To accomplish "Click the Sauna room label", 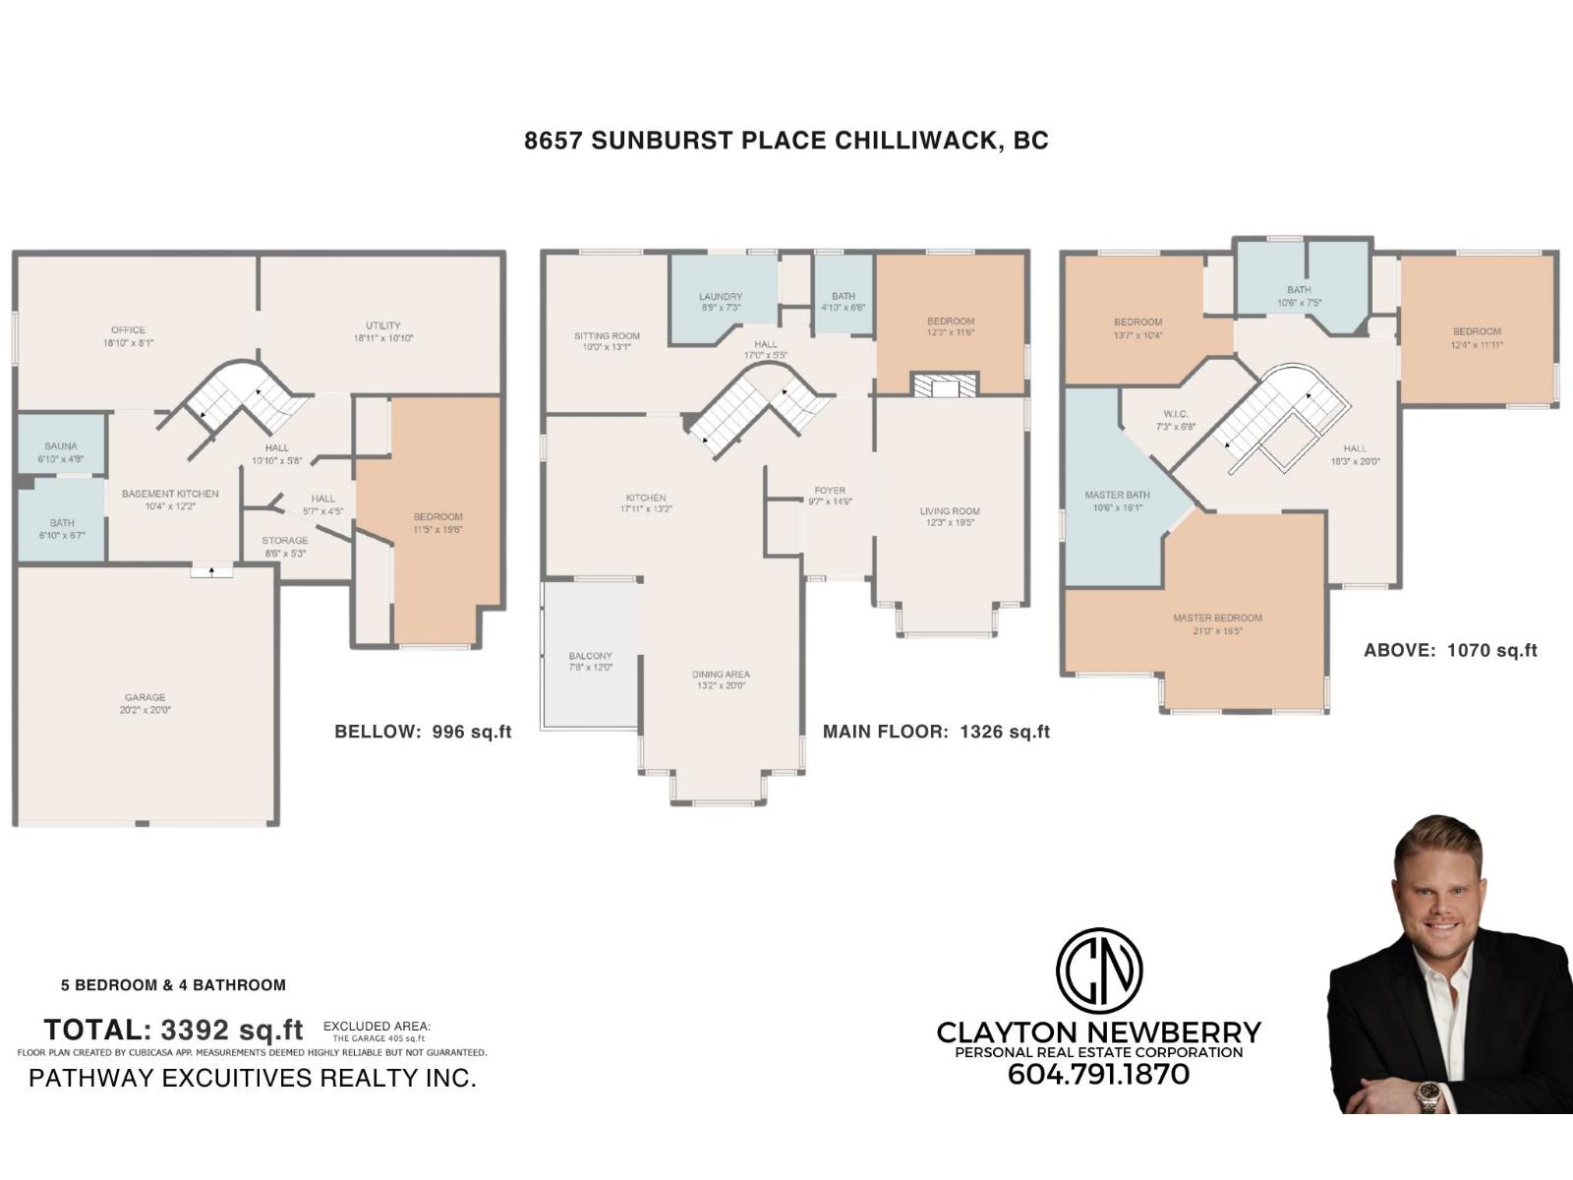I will (x=61, y=446).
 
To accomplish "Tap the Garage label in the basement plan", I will (x=145, y=697).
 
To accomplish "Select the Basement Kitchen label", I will (x=170, y=494).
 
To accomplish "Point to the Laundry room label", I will (x=721, y=297).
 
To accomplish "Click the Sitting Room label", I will (x=607, y=336).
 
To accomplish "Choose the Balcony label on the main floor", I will (x=590, y=656).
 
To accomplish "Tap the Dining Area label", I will (x=721, y=675).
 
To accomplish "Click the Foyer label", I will (x=830, y=491).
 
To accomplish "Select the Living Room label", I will (x=950, y=511).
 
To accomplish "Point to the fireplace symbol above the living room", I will (x=945, y=385).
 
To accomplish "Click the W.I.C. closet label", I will (x=1176, y=414).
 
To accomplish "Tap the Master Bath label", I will (x=1118, y=496).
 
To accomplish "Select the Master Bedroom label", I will (x=1217, y=619).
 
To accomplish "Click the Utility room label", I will (x=383, y=325).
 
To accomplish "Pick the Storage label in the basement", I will (x=285, y=541).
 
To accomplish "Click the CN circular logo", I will (x=1098, y=971).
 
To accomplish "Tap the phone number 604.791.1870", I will (x=1098, y=1075).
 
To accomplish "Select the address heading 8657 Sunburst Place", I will (x=786, y=141).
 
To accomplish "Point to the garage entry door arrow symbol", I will (x=211, y=570).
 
